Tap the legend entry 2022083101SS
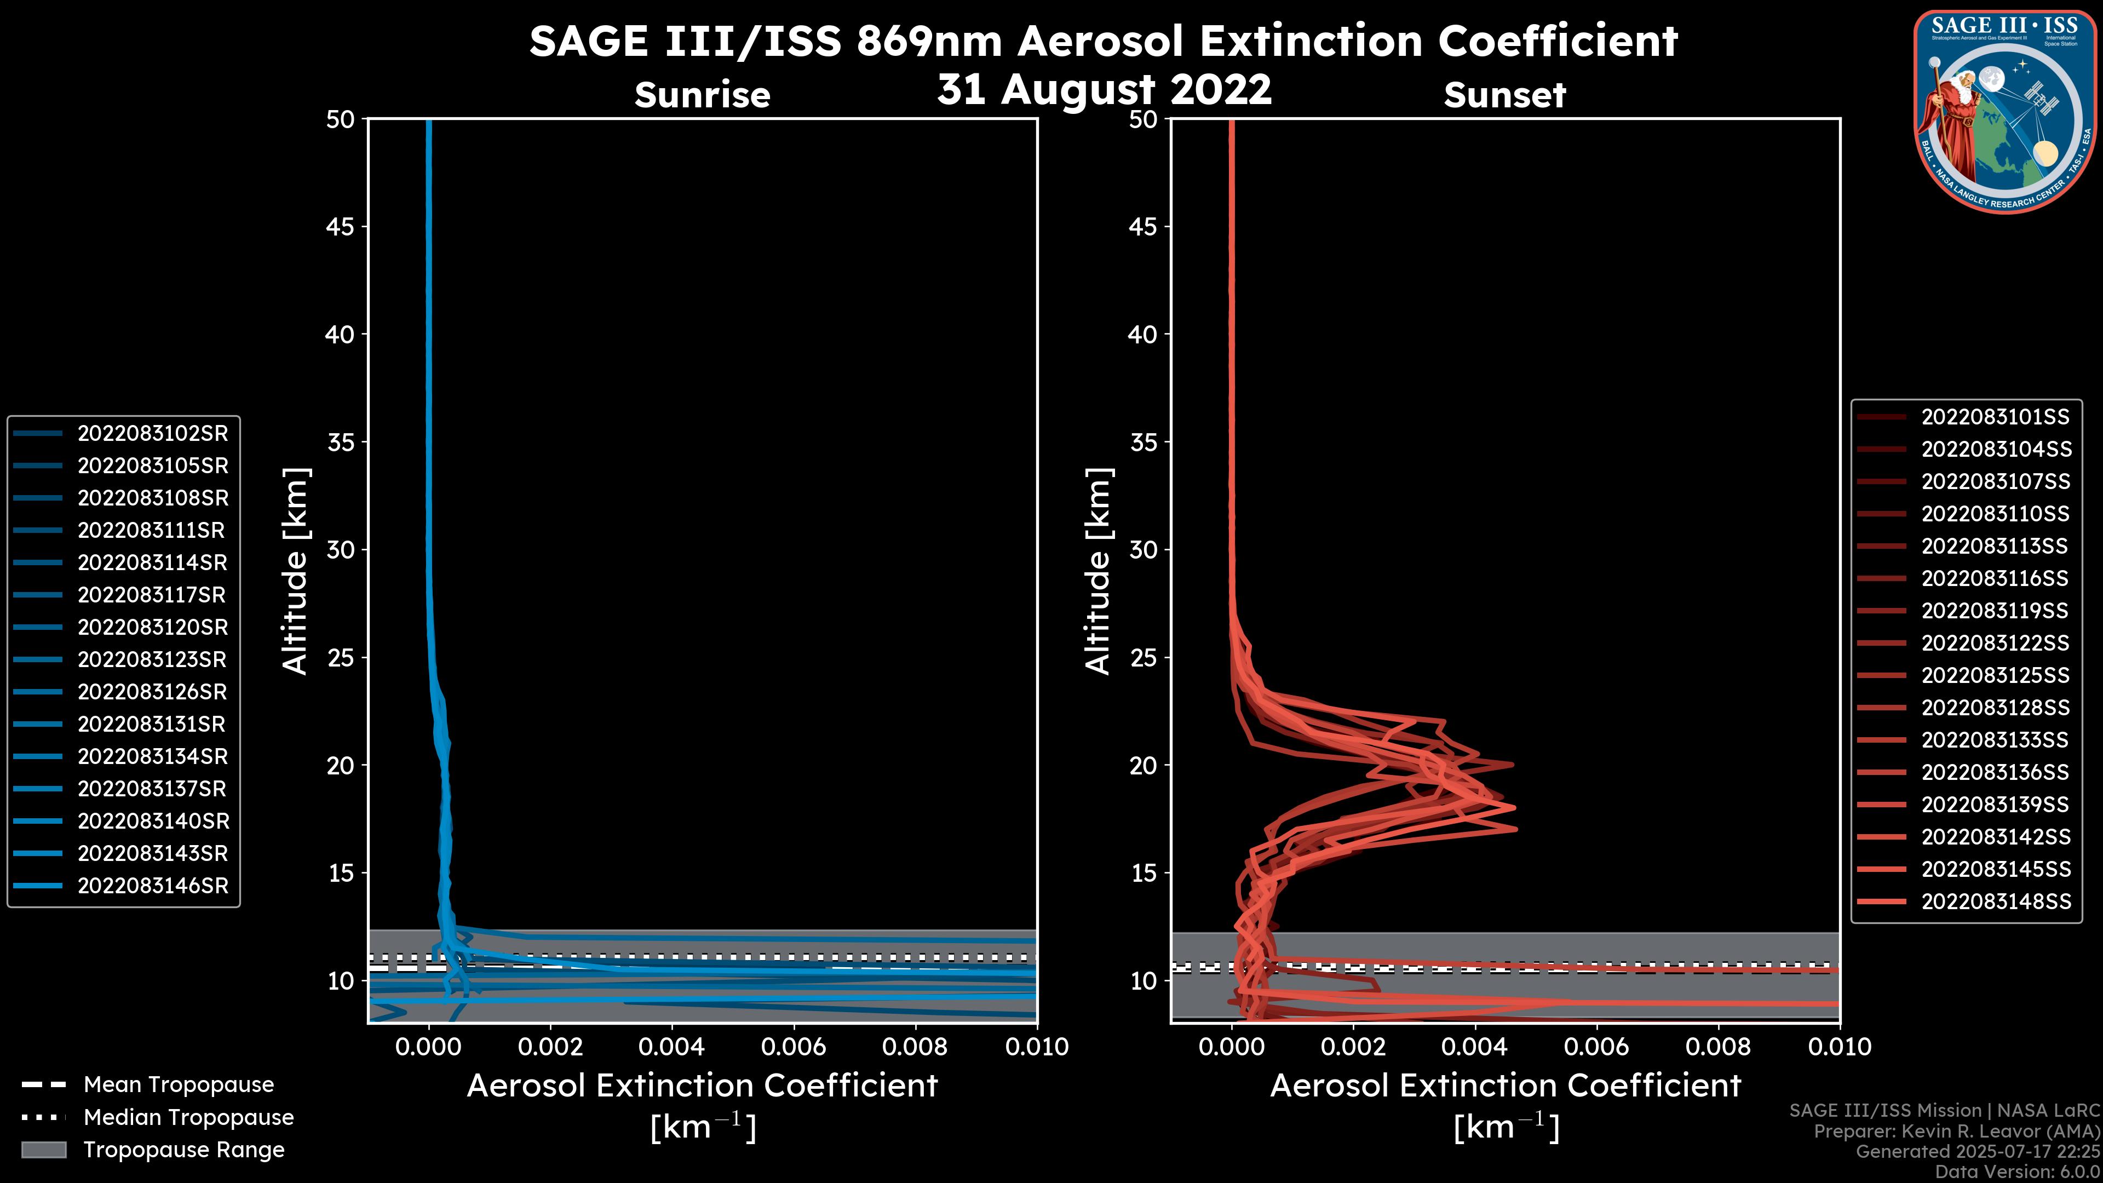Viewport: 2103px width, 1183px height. tap(1995, 417)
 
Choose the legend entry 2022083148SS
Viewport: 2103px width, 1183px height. tap(1995, 901)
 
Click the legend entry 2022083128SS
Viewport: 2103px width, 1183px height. tap(1995, 708)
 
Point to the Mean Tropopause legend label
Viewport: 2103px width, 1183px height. tap(179, 1085)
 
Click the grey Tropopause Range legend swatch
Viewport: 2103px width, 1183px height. tap(44, 1150)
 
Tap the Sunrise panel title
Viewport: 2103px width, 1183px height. tap(702, 95)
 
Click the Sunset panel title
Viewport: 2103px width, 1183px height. tap(1504, 95)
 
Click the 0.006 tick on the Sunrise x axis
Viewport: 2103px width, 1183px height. tap(794, 1047)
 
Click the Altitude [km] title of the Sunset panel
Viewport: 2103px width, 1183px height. tap(1099, 571)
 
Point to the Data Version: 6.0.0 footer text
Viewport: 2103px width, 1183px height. tap(2016, 1171)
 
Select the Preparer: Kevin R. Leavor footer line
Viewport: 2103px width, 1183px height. tap(1956, 1131)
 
